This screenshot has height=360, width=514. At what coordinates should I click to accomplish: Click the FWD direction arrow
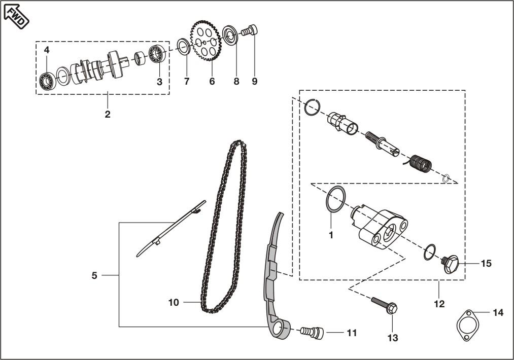click(16, 16)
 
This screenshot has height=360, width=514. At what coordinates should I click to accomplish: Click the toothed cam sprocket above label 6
click(205, 41)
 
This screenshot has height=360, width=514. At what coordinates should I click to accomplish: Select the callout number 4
click(47, 50)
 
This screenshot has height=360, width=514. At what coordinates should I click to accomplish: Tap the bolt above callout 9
click(250, 31)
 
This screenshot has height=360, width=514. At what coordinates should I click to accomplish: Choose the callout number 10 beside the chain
click(174, 302)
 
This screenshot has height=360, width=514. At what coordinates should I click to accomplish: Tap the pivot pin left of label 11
click(312, 332)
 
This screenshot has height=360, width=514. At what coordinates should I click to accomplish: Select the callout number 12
click(439, 304)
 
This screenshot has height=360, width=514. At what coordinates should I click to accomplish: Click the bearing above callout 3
click(157, 54)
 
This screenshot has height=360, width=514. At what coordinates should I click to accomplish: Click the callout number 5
click(94, 276)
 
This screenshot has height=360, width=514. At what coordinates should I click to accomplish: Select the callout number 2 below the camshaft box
click(108, 114)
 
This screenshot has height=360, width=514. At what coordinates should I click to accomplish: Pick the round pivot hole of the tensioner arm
click(277, 329)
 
